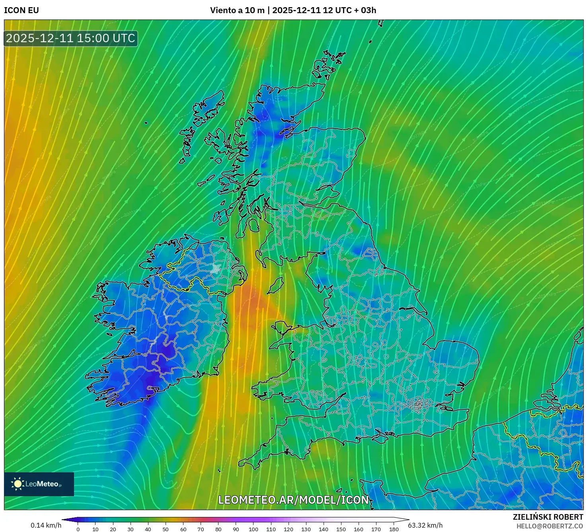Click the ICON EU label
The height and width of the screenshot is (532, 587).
coord(21,10)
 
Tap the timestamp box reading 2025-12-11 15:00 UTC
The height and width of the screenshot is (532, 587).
coord(71,39)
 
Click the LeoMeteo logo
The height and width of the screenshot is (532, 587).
coord(39,484)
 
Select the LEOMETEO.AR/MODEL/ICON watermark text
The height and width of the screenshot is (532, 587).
coord(294,500)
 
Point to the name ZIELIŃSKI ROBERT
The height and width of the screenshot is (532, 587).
coord(548,517)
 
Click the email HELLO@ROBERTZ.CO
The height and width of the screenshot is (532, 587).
coord(550,526)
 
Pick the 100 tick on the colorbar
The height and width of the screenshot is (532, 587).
coord(254,529)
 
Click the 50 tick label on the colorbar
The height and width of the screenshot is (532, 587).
coord(166,529)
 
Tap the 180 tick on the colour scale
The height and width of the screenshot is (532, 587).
coord(394,529)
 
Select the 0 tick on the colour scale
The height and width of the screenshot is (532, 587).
coord(78,529)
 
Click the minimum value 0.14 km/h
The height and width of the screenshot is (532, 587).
coord(46,525)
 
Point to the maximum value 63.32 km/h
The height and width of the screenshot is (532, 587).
coord(425,525)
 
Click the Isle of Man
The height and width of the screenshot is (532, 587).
coord(275,286)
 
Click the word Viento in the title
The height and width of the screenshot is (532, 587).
coord(223,10)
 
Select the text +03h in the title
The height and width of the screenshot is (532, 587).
coord(365,10)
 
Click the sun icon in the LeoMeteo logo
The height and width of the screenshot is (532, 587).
coord(18,484)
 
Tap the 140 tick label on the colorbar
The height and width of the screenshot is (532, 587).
coord(324,529)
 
